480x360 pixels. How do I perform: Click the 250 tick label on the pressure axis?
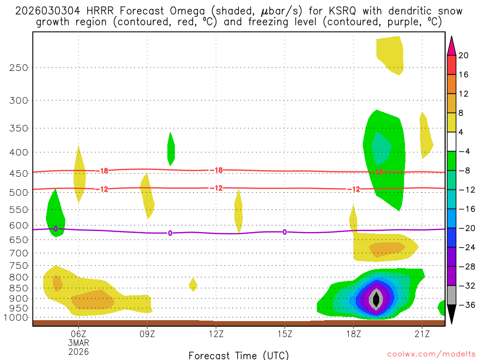coord(19,67)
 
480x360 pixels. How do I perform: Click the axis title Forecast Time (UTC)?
coord(239,355)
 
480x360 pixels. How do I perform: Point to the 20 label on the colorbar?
coord(464,55)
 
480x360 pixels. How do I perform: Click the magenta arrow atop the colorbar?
coord(451,46)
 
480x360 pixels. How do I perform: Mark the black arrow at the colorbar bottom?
coord(451,314)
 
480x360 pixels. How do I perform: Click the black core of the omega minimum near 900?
coord(375,299)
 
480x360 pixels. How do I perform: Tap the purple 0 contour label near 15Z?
coord(285,232)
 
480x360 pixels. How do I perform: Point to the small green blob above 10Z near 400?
coord(171,149)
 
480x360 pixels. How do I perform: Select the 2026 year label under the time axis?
coord(78,351)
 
